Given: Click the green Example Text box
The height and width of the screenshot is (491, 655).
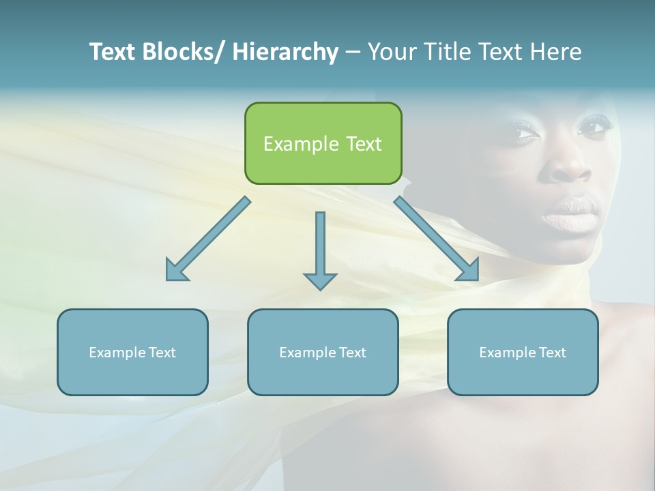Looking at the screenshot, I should coord(323,143).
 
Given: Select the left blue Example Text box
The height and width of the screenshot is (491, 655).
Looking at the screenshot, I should coord(132,352).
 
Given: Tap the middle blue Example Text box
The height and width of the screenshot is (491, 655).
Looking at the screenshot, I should coord(323,352).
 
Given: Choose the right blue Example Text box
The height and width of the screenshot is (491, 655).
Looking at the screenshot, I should coord(523,352).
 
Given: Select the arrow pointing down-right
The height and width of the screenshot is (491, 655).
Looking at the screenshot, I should coord(437,239).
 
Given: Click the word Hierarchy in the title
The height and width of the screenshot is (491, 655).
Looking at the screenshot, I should coord(285,52).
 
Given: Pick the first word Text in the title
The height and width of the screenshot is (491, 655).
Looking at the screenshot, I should coord(114,52).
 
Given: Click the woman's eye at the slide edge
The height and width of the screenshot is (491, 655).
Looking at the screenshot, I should coord(595,126).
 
